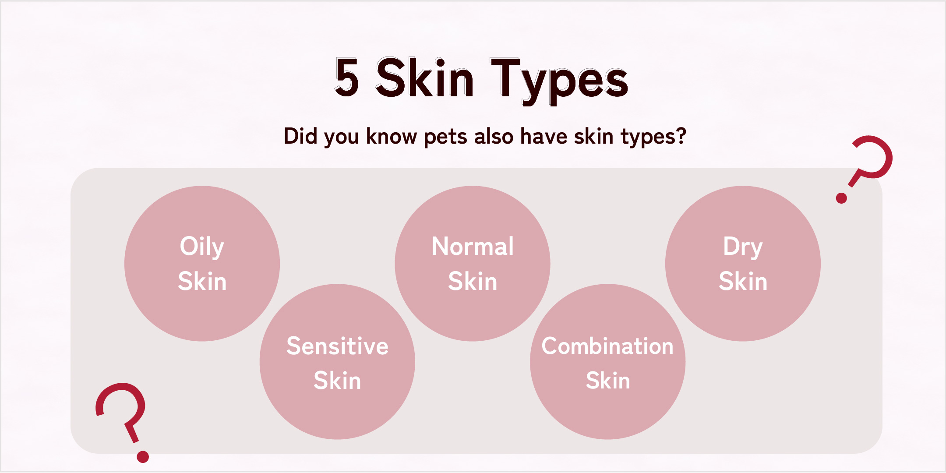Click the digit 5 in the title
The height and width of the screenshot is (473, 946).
347,78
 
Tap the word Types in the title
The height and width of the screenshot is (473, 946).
559,81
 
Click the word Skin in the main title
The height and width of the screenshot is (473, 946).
424,77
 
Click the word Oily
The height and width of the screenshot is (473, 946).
202,247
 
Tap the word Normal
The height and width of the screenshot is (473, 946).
473,246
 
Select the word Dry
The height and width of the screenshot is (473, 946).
743,247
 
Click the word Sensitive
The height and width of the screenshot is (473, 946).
337,346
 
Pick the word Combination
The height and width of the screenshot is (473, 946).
607,346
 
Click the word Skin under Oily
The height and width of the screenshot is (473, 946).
202,281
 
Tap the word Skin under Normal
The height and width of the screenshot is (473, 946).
473,281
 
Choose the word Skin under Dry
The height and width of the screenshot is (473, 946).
743,281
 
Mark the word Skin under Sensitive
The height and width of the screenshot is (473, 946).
337,381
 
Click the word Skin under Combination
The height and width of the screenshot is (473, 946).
608,381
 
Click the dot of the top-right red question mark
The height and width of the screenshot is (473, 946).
841,198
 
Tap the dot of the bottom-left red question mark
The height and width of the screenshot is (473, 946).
143,457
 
